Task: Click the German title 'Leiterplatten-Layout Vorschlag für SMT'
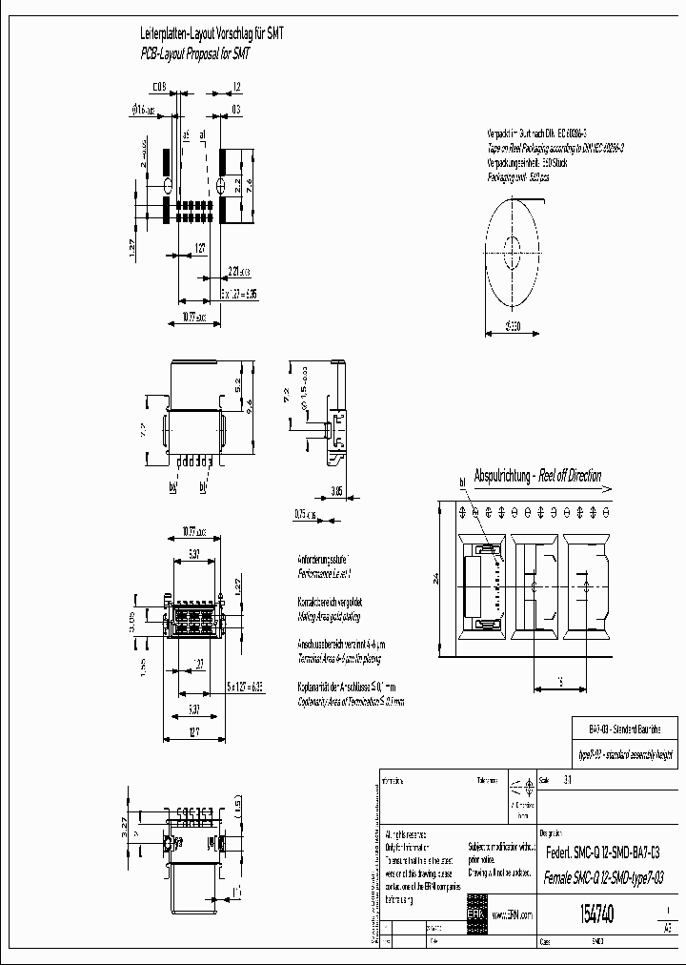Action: click(212, 32)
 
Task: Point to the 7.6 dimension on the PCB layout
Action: click(251, 184)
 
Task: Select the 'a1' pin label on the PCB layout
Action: click(203, 136)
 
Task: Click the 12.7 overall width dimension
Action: click(194, 730)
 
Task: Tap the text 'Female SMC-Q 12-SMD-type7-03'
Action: click(602, 877)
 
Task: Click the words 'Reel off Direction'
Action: click(570, 476)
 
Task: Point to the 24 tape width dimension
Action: click(434, 577)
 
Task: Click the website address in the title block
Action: click(512, 914)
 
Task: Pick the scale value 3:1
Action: click(569, 778)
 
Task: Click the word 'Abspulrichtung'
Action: click(503, 476)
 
